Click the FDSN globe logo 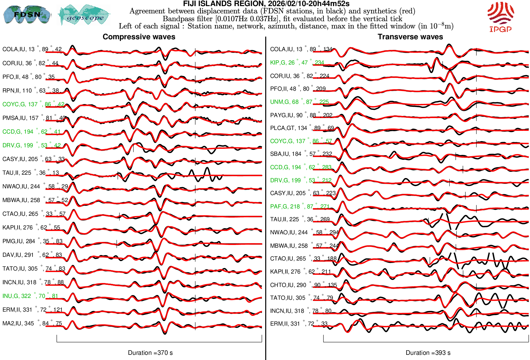click(27, 14)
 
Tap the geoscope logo click(84, 15)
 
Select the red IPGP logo click(500, 17)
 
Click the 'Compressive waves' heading click(139, 37)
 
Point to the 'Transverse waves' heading click(410, 37)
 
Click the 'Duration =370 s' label click(150, 353)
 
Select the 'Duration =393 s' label click(428, 353)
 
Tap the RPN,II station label click(30, 91)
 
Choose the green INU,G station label click(30, 296)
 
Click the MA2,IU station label click(32, 323)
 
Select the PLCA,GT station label click(302, 128)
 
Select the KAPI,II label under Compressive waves click(31, 228)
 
